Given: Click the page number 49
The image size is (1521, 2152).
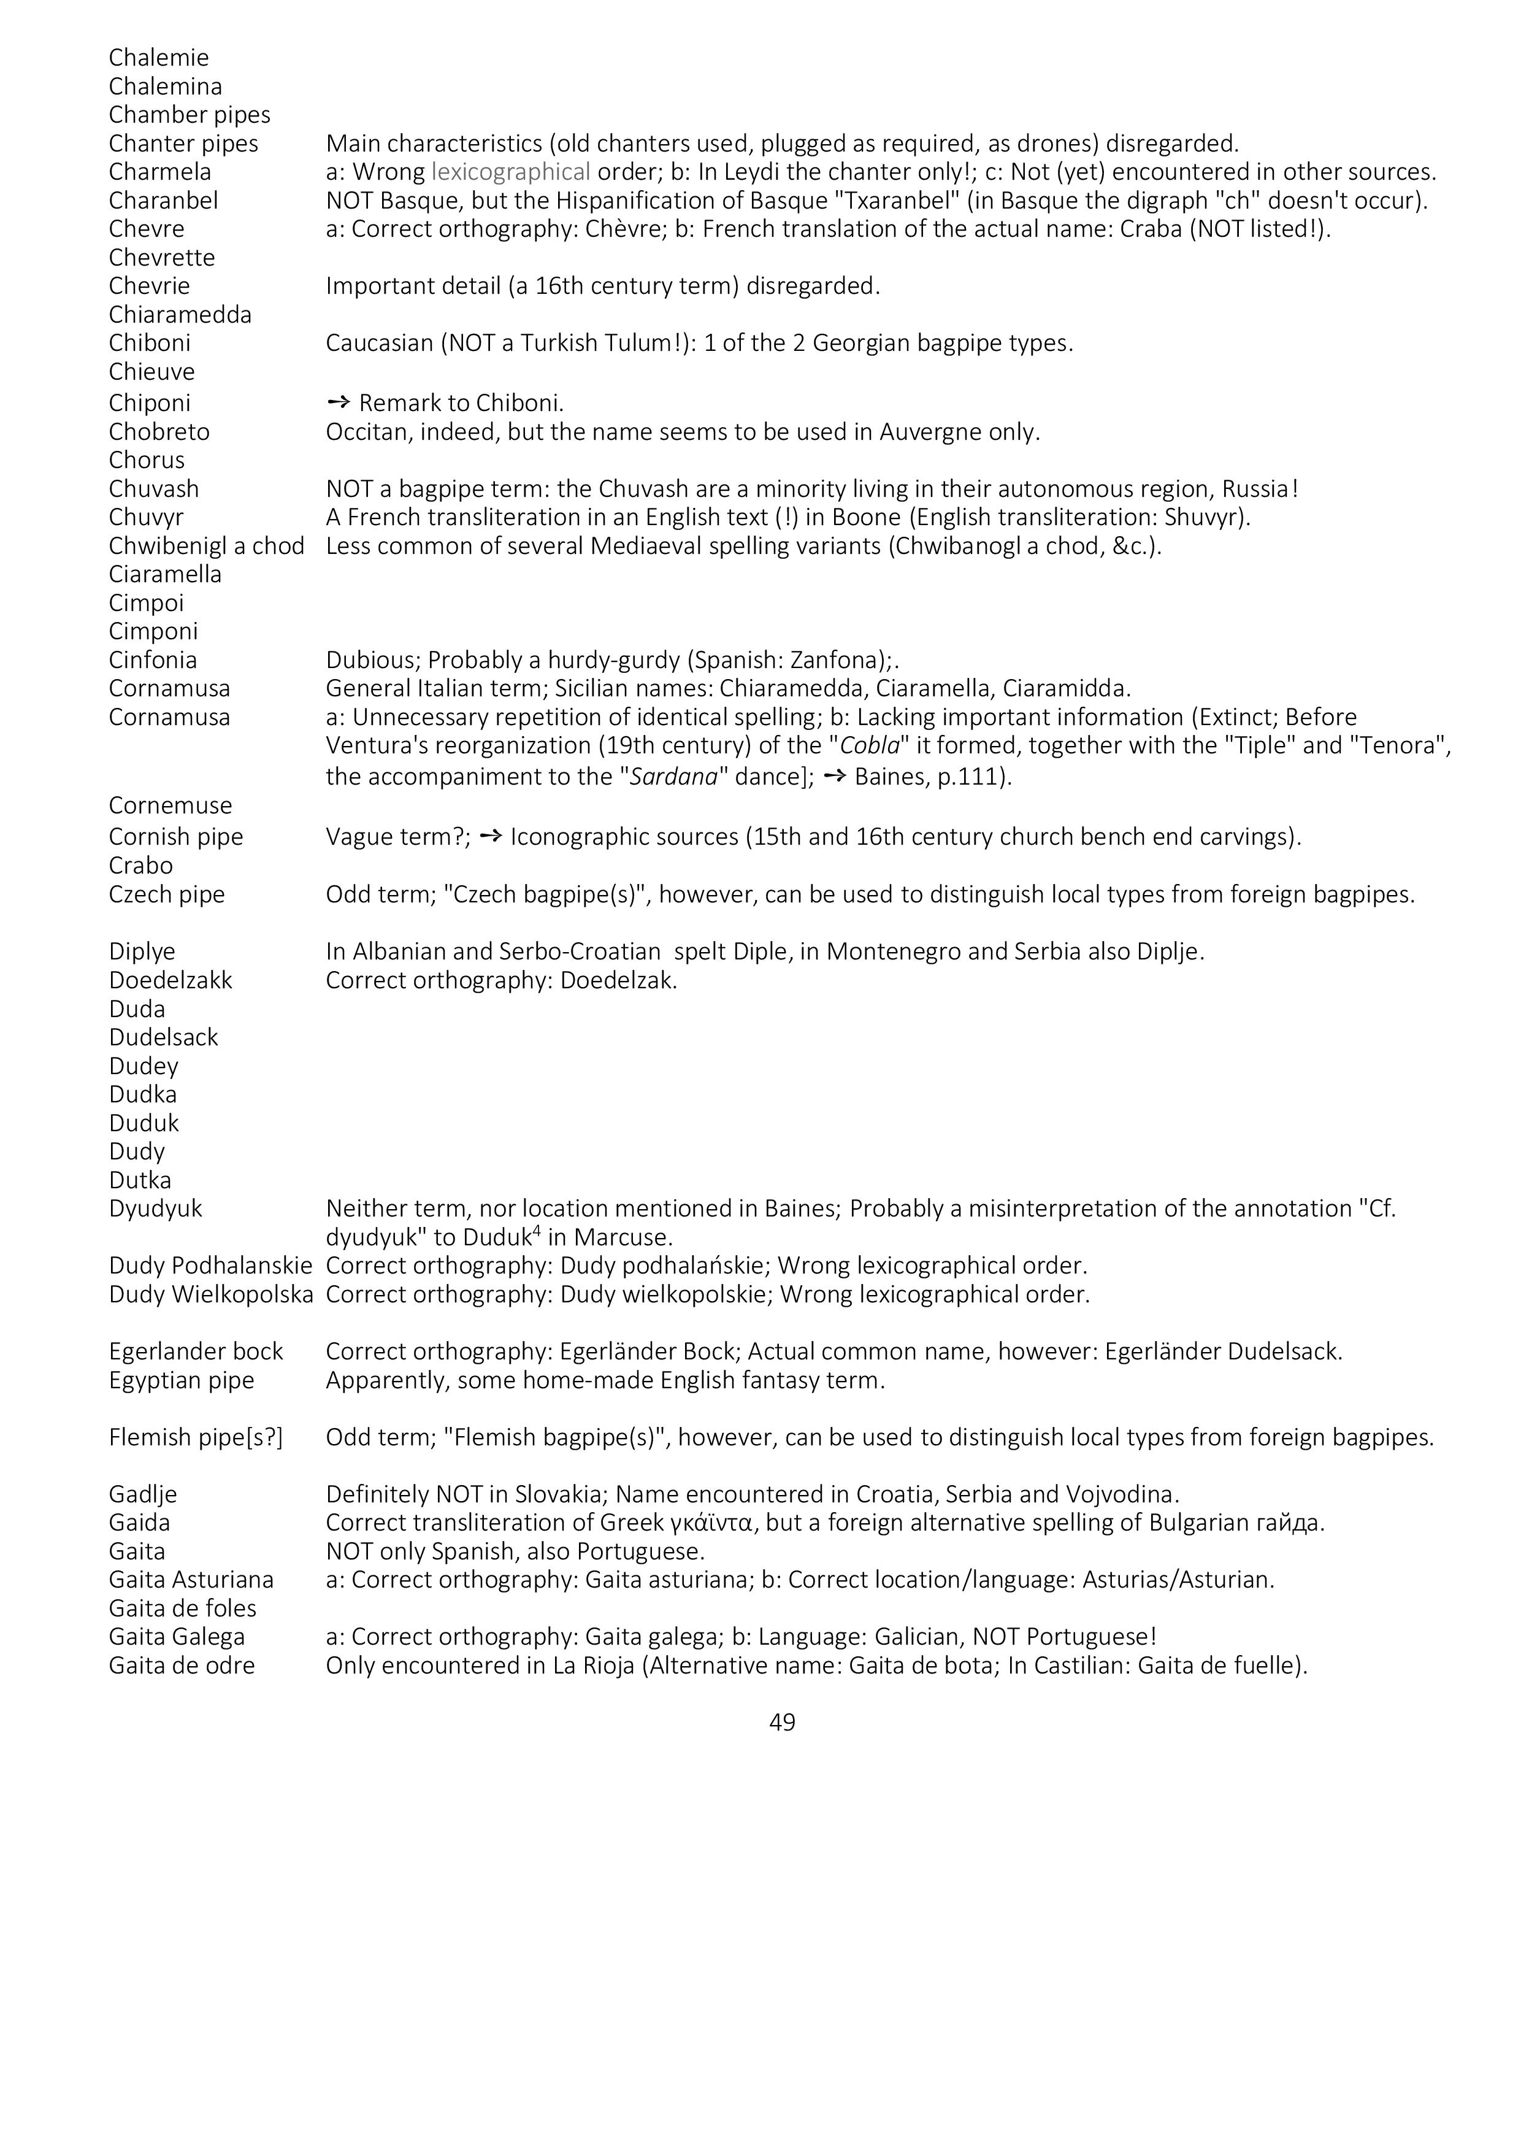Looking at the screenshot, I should [x=781, y=1722].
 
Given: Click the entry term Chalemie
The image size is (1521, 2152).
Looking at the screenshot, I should [x=158, y=58].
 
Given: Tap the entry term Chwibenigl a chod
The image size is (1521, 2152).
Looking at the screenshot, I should [x=206, y=547].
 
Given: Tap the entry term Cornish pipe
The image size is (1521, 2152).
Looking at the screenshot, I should [x=175, y=837].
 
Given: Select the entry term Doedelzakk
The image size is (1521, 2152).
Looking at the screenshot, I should [x=170, y=980].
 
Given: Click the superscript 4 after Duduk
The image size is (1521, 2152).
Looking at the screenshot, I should [x=537, y=1230].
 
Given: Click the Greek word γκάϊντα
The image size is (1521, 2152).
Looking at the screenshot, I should [x=711, y=1523].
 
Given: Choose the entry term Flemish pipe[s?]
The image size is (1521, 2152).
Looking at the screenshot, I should [x=195, y=1438].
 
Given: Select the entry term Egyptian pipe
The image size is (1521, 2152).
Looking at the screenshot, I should [x=181, y=1381].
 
